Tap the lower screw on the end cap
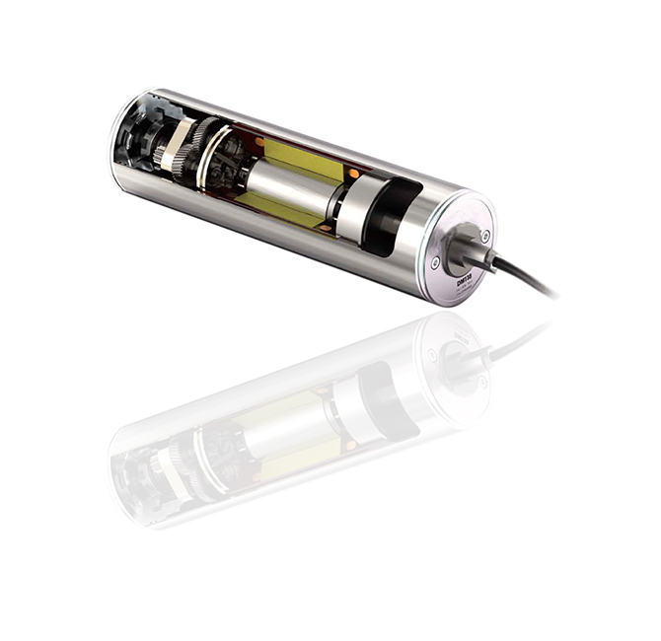434,261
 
